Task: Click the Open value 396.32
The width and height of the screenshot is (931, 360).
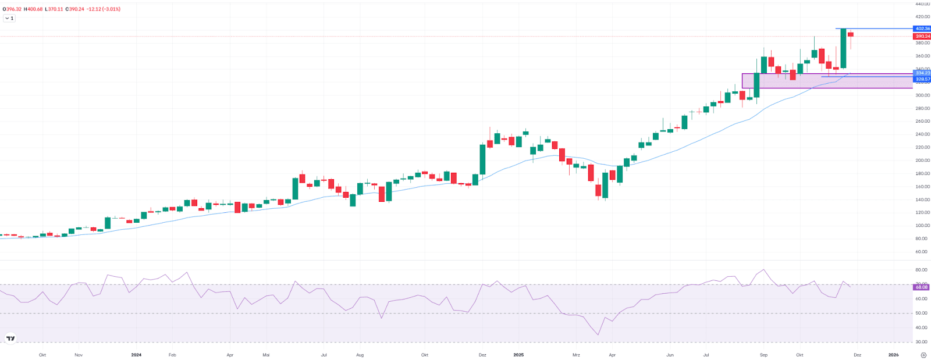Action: click(x=13, y=9)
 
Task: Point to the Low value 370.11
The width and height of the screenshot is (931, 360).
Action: click(x=55, y=9)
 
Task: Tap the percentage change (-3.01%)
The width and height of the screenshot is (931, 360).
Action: click(x=110, y=9)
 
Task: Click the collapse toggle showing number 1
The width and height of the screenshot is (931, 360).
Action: click(x=9, y=18)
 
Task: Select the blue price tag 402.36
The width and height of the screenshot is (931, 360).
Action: click(x=922, y=28)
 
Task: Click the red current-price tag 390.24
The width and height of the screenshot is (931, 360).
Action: click(x=922, y=36)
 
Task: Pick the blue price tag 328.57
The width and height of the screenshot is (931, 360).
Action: click(x=922, y=79)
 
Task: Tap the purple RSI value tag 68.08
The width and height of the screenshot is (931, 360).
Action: click(x=922, y=287)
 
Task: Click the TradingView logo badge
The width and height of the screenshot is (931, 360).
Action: click(x=10, y=338)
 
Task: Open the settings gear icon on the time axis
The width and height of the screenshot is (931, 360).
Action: click(x=923, y=355)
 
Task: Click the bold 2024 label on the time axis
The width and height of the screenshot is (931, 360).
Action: click(x=136, y=355)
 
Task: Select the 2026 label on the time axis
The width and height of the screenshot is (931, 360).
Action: click(x=893, y=355)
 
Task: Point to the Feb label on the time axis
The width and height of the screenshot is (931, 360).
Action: click(x=172, y=355)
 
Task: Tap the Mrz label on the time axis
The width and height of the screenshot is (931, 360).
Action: click(x=576, y=355)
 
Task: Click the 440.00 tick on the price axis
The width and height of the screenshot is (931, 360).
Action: click(x=922, y=4)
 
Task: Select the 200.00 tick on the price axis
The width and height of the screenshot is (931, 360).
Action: click(x=922, y=161)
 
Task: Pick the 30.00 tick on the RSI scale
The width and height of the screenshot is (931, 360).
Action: click(x=922, y=342)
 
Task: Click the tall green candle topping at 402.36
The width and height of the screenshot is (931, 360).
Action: click(x=843, y=49)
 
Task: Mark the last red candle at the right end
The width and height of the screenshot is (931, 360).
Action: click(x=851, y=35)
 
